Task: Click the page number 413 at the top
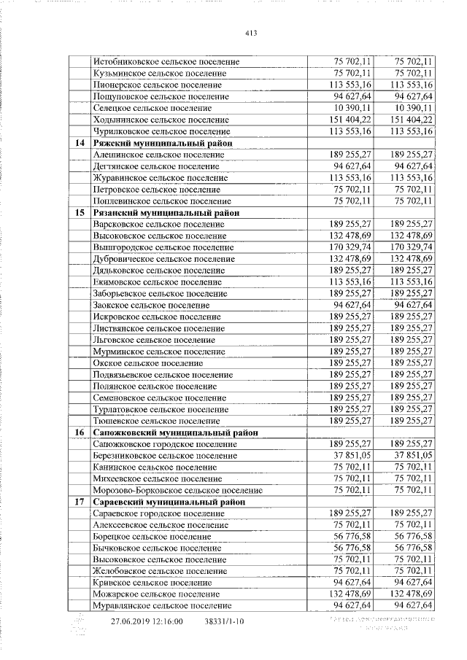[x=252, y=34]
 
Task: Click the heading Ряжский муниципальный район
[x=163, y=143]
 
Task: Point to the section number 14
[x=78, y=143]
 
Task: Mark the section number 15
[x=78, y=213]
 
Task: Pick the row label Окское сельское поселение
[x=148, y=363]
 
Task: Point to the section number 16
[x=78, y=432]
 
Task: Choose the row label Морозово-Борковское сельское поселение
[x=178, y=490]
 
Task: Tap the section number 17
[x=78, y=502]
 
